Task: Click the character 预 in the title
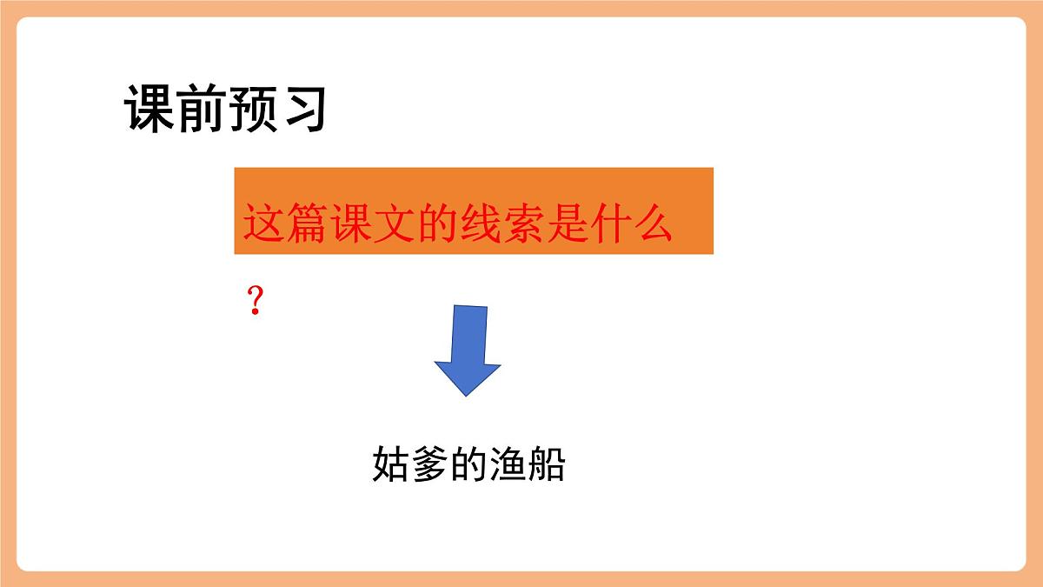[x=251, y=109]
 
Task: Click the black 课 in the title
[x=151, y=109]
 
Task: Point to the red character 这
[x=264, y=224]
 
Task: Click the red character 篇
[x=312, y=224]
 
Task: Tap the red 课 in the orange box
[x=360, y=224]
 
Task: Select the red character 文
[x=408, y=224]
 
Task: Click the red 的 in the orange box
[x=455, y=224]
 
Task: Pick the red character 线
[x=503, y=224]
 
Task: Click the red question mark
[x=255, y=302]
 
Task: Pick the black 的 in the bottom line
[x=468, y=465]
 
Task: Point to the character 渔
[x=508, y=465]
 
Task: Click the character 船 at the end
[x=547, y=465]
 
